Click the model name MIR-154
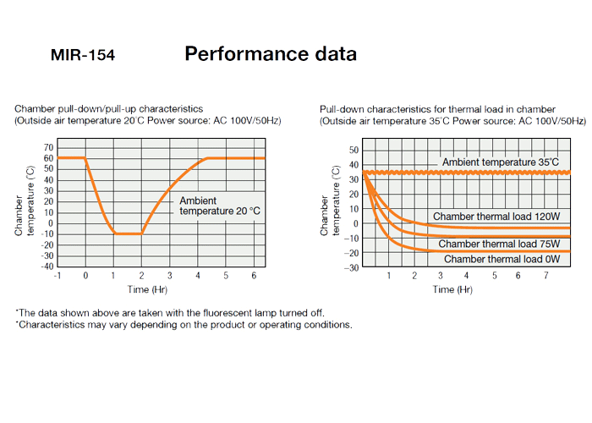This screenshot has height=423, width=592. (x=83, y=56)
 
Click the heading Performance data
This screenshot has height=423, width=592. (x=271, y=54)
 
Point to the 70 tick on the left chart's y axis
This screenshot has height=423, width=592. (x=48, y=147)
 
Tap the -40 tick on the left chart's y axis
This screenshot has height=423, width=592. (x=47, y=266)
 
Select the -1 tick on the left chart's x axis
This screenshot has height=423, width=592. (x=57, y=277)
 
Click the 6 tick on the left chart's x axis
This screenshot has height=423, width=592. (x=253, y=277)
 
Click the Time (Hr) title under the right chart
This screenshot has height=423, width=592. (x=452, y=289)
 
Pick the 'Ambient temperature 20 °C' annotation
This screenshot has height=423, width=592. (x=211, y=206)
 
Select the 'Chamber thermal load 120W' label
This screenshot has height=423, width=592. (x=496, y=217)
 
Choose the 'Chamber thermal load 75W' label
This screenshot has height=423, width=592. (x=499, y=244)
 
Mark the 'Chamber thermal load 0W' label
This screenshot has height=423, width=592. (x=502, y=259)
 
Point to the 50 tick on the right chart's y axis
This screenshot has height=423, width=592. (x=354, y=150)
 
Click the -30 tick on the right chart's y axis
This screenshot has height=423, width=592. (x=353, y=267)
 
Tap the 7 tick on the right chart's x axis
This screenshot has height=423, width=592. (x=545, y=277)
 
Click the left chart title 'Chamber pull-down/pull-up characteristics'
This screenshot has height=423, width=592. (x=108, y=109)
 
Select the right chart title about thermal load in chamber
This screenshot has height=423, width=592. (x=437, y=109)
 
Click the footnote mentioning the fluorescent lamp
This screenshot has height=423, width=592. (x=169, y=313)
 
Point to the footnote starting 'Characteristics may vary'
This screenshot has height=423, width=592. (x=184, y=325)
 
